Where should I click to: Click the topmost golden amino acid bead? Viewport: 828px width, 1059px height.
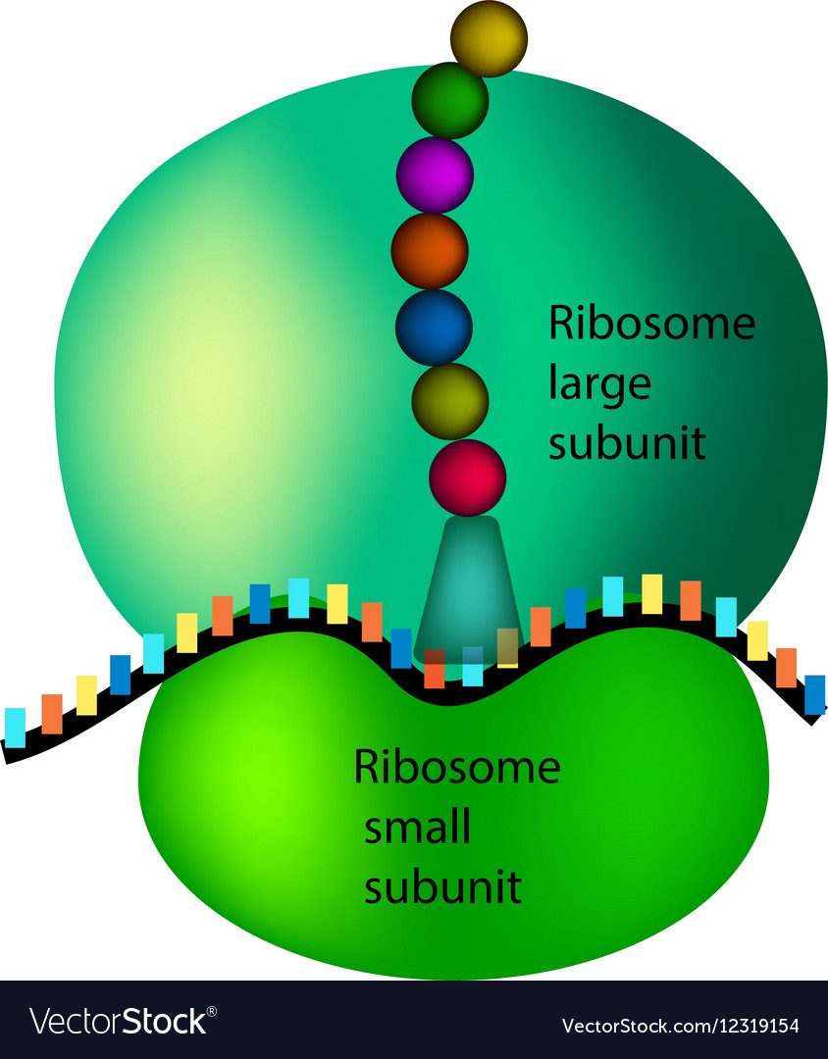pyautogui.click(x=489, y=38)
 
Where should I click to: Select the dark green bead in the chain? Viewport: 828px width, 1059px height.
pyautogui.click(x=450, y=101)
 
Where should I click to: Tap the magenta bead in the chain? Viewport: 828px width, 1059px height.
pyautogui.click(x=435, y=175)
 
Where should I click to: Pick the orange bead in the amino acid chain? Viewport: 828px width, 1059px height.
pyautogui.click(x=430, y=251)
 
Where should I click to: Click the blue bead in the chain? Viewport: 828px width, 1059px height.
pyautogui.click(x=434, y=327)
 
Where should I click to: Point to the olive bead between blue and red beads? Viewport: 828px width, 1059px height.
pyautogui.click(x=450, y=401)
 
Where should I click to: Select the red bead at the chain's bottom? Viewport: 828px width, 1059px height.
pyautogui.click(x=468, y=478)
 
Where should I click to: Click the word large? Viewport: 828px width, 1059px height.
pyautogui.click(x=599, y=385)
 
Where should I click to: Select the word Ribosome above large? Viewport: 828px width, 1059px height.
pyautogui.click(x=651, y=323)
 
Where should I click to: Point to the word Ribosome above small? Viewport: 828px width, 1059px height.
pyautogui.click(x=457, y=767)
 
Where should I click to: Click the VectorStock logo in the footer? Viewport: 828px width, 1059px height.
pyautogui.click(x=119, y=1021)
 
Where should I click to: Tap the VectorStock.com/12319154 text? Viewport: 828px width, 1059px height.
pyautogui.click(x=681, y=1026)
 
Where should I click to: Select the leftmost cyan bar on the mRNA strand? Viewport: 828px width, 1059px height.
pyautogui.click(x=15, y=728)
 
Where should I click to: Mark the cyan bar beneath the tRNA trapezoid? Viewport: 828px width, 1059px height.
pyautogui.click(x=473, y=667)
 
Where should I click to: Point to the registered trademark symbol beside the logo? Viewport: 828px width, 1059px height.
pyautogui.click(x=212, y=1012)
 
